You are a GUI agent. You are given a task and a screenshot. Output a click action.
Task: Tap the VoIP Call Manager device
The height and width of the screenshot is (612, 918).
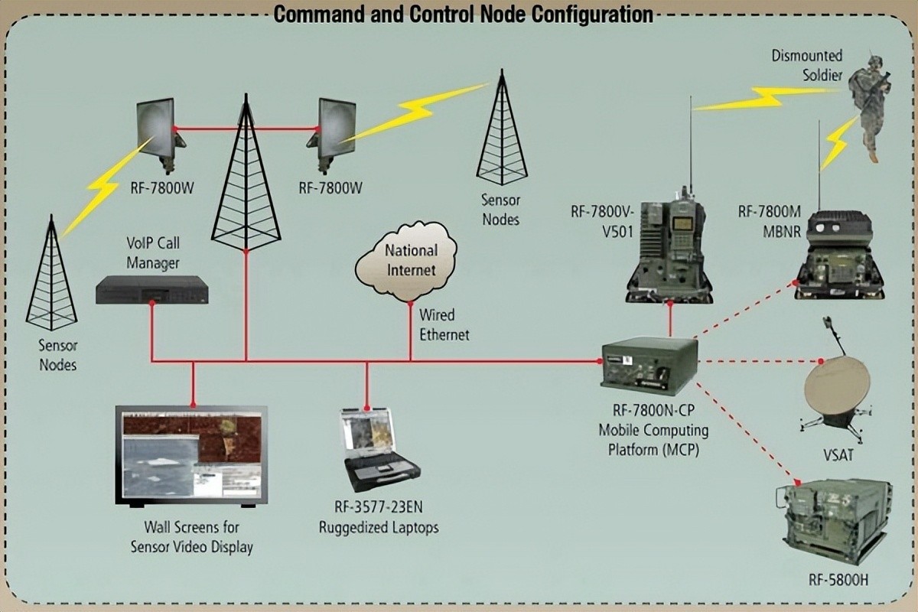[152, 290]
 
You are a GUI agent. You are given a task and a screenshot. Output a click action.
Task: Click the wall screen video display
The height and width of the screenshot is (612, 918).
[192, 454]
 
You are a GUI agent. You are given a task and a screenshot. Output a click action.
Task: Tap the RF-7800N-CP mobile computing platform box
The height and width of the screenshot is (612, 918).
[649, 365]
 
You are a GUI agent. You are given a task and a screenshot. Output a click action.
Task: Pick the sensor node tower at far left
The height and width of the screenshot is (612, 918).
[52, 275]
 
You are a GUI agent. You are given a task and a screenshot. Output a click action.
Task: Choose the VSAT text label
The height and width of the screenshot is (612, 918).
[838, 456]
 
